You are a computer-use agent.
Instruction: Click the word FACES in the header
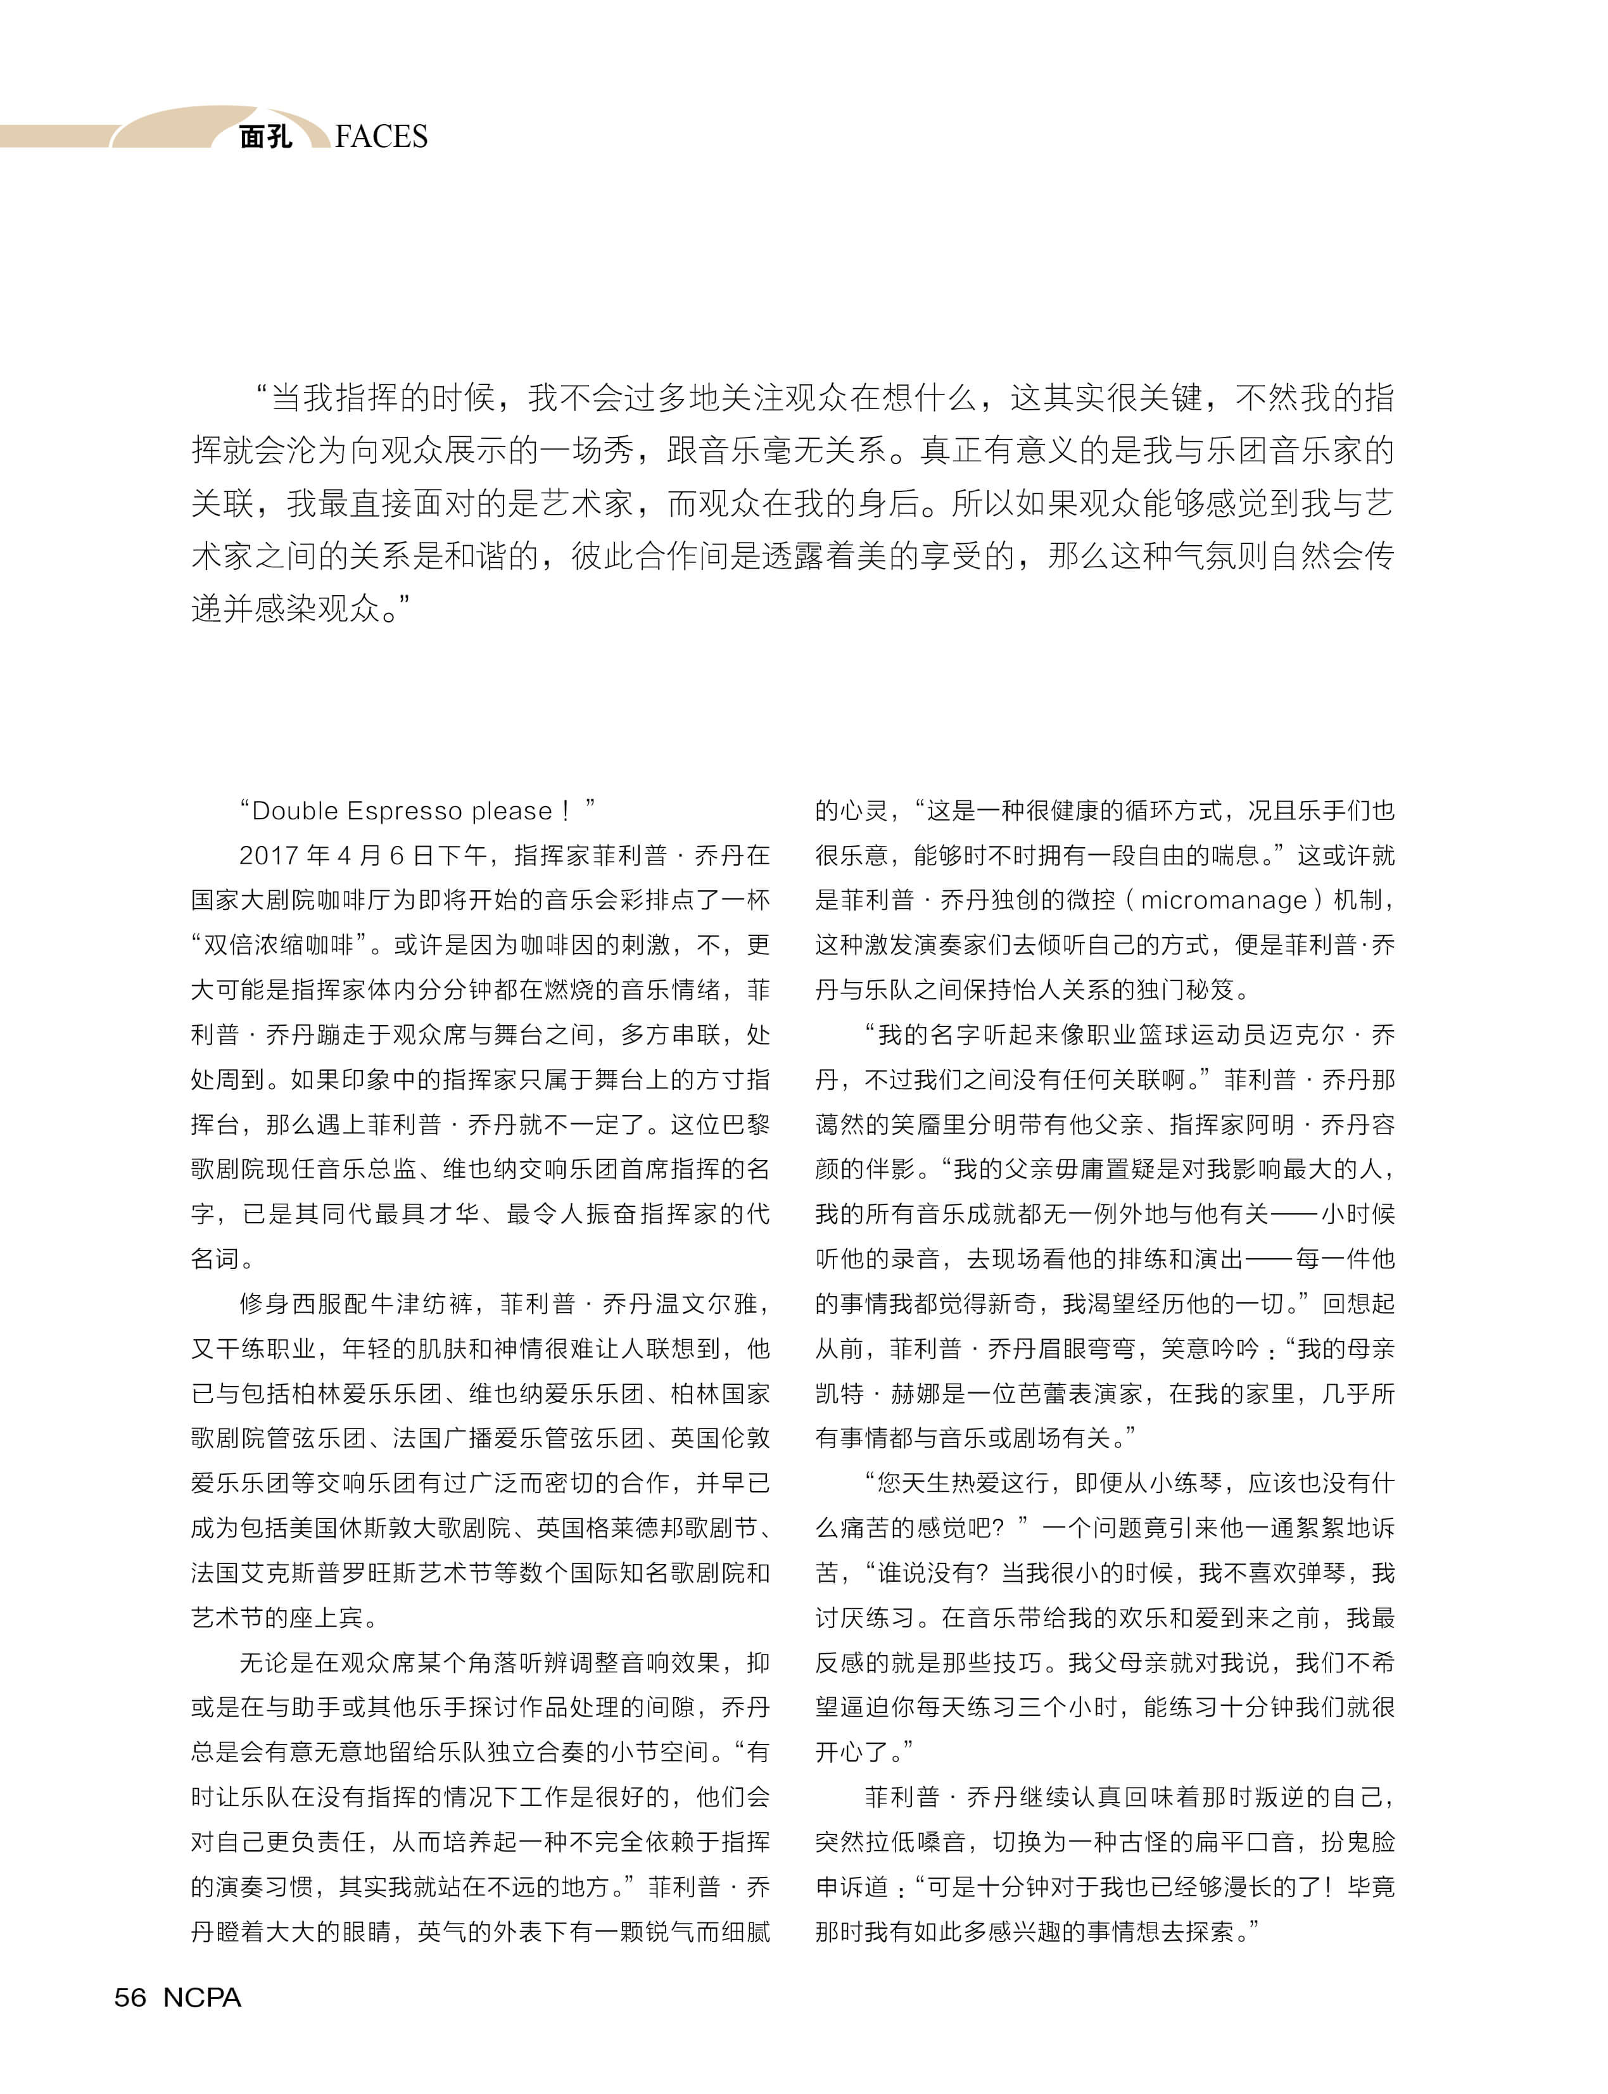381,137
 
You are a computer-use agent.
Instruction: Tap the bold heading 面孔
265,137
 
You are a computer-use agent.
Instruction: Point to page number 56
130,1997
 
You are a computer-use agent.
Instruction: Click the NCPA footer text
202,1997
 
